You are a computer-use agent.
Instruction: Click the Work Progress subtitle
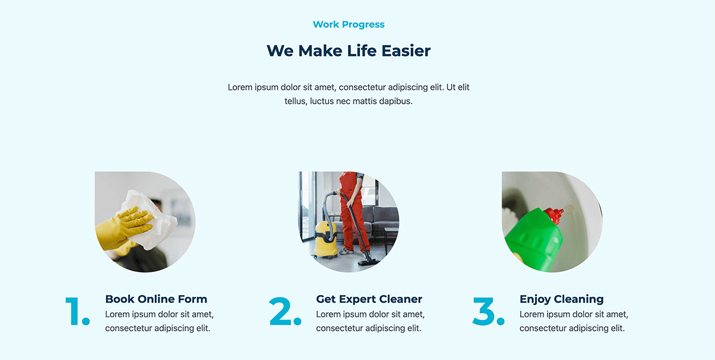tap(349, 24)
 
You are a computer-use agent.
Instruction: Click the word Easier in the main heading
tap(406, 51)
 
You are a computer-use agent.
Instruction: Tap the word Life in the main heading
tap(362, 51)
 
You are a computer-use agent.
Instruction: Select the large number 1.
tap(77, 312)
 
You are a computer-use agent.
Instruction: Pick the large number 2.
tap(285, 312)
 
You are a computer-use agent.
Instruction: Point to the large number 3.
tap(489, 312)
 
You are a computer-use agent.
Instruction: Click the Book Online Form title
tap(156, 299)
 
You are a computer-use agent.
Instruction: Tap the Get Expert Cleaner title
tap(369, 299)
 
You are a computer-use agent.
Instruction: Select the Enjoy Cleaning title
tap(561, 299)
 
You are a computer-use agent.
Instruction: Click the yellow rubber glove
tap(123, 228)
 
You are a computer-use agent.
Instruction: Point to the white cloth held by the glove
tap(150, 221)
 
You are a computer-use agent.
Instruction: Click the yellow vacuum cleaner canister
tap(325, 240)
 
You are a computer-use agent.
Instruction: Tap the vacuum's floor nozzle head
tap(369, 263)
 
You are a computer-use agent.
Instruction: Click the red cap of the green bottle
tap(554, 215)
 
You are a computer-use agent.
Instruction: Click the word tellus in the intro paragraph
tap(296, 101)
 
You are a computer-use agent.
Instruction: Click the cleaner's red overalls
tap(352, 211)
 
